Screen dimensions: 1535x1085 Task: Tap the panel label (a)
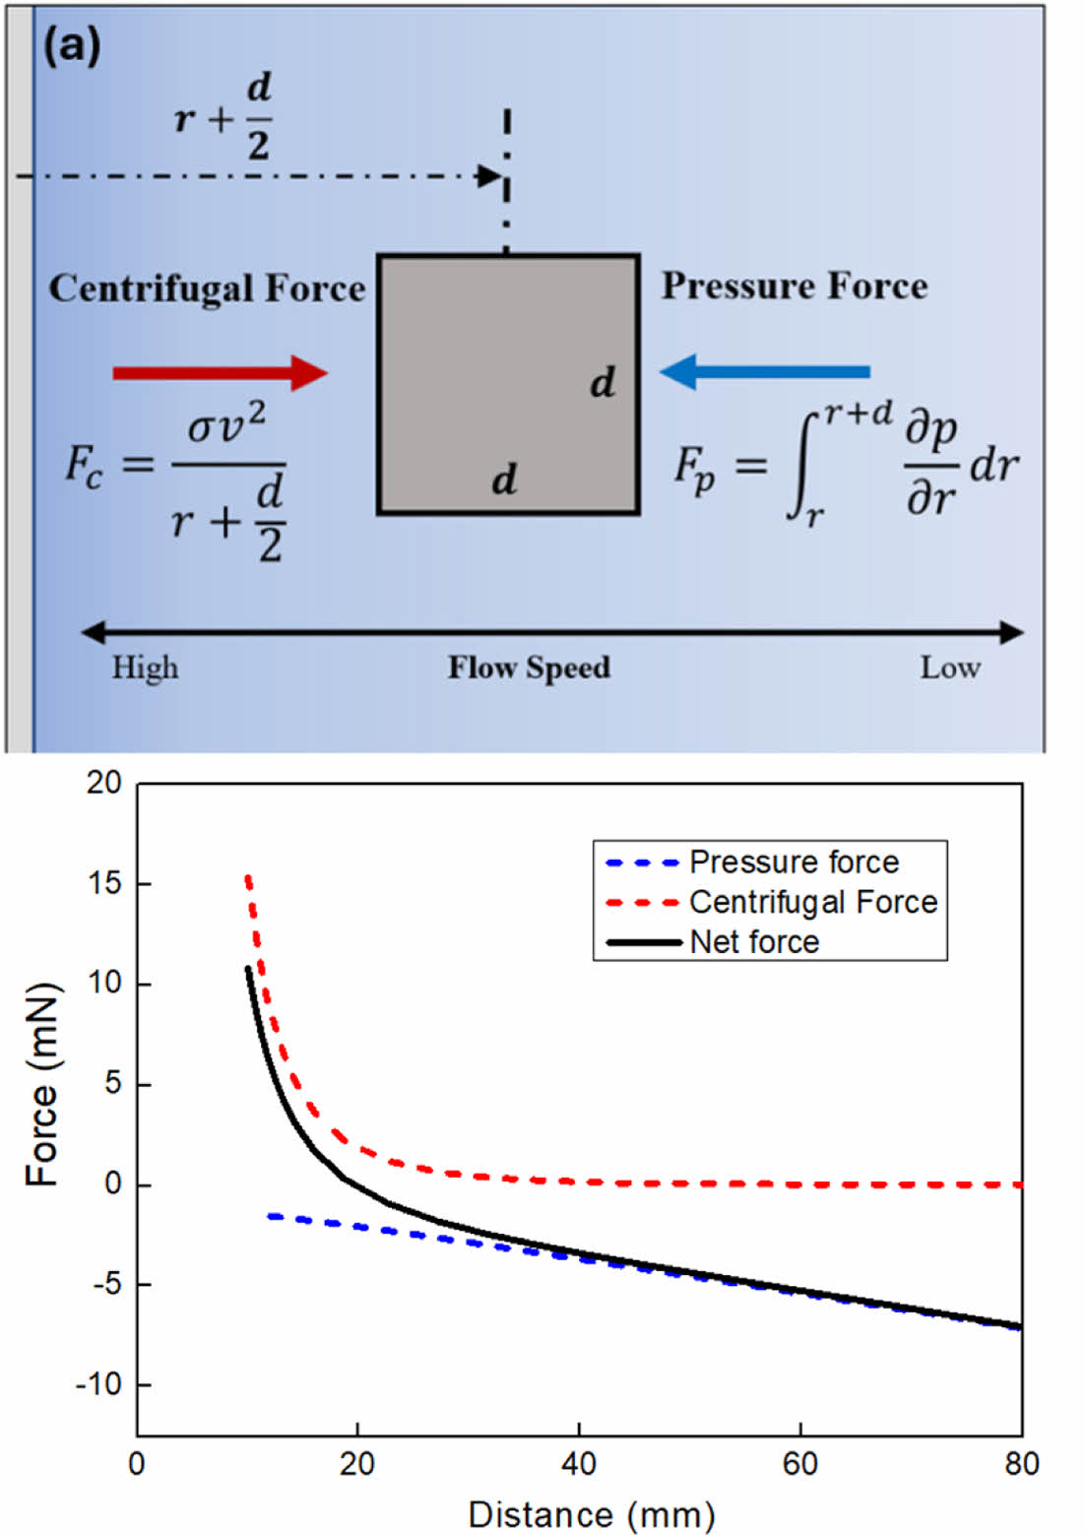(x=71, y=46)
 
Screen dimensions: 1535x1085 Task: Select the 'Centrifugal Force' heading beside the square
(x=207, y=288)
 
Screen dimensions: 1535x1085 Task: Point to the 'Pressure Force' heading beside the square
(x=794, y=286)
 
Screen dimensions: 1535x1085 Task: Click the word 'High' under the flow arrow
(x=145, y=668)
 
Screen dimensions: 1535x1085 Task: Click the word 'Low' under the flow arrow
(x=949, y=668)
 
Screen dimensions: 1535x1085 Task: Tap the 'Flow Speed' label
(x=529, y=668)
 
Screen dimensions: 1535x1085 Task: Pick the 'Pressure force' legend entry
(x=793, y=862)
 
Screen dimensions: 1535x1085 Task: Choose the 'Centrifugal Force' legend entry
(x=812, y=902)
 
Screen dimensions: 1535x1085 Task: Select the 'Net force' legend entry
(x=754, y=942)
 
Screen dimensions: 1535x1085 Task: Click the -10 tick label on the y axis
(x=99, y=1384)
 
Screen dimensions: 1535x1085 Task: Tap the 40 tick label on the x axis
(x=579, y=1464)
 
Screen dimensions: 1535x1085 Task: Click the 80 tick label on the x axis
(x=1021, y=1464)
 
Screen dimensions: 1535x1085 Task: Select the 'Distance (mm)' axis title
(x=591, y=1514)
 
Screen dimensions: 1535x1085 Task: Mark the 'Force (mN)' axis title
(x=42, y=1084)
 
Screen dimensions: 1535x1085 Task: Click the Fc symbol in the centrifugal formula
(x=85, y=464)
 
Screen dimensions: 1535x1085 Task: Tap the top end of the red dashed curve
(x=248, y=875)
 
